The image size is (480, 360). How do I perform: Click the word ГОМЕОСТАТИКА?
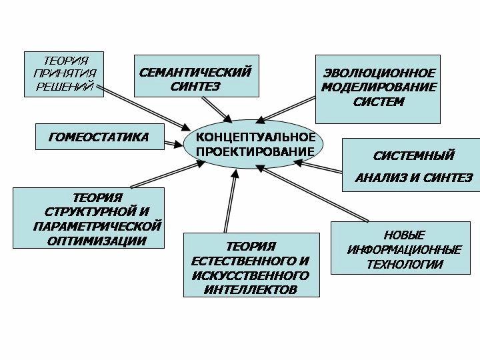99,137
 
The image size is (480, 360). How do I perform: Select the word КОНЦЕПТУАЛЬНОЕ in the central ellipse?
255,137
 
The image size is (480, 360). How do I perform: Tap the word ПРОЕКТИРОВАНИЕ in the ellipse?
255,151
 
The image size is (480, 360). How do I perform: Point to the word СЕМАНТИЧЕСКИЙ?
195,73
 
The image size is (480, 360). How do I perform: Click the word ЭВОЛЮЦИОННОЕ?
379,73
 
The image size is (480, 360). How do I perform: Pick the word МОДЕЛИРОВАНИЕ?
379,87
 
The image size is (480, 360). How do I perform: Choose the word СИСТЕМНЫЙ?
413,155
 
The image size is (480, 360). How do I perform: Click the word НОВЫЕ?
404,235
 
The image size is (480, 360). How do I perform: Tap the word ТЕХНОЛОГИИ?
405,264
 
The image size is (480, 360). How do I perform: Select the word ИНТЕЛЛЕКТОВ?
251,289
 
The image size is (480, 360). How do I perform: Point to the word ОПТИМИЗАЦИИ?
97,241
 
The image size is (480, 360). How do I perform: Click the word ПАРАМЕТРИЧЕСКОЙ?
97,226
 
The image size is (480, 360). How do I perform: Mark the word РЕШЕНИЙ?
65,86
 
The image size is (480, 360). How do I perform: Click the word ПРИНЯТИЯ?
65,73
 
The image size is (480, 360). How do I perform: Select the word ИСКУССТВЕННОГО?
251,275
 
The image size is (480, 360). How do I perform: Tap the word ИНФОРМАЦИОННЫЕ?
404,250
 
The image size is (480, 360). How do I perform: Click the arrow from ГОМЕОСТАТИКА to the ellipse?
173,143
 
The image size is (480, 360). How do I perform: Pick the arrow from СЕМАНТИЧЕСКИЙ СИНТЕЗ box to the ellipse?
217,109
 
